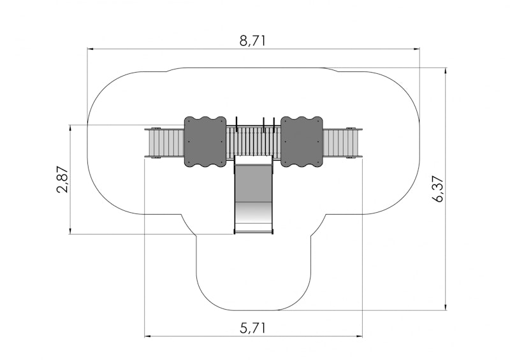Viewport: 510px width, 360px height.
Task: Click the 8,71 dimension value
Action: (252, 41)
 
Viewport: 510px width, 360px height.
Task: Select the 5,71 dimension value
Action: (252, 328)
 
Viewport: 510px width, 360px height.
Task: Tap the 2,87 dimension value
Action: (62, 180)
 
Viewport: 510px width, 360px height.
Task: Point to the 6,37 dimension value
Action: (438, 189)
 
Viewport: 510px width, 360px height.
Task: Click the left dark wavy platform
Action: (205, 141)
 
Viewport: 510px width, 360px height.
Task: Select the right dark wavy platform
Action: (302, 141)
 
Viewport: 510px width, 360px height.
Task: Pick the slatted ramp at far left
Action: (164, 143)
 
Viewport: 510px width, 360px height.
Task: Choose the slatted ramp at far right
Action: (342, 143)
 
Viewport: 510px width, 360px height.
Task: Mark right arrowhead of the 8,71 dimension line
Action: (416, 49)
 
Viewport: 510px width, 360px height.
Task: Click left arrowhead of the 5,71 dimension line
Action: (148, 336)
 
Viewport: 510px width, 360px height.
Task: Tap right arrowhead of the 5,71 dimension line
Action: (359, 336)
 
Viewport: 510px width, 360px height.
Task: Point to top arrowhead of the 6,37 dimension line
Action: (445, 71)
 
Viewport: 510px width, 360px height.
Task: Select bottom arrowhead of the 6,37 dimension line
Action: (445, 306)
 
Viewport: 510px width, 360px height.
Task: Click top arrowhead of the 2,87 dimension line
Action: (70, 128)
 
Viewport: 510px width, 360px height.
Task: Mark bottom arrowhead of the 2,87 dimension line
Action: (70, 231)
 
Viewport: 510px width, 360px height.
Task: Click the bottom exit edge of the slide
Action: (253, 233)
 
